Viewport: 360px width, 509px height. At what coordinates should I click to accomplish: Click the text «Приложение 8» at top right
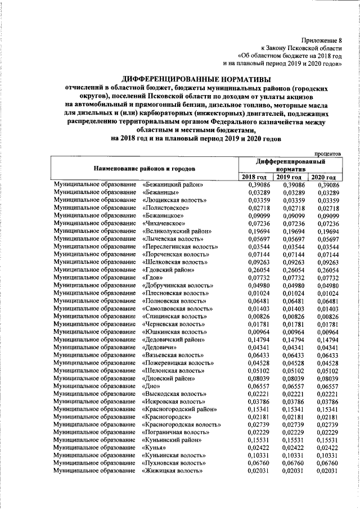(321, 39)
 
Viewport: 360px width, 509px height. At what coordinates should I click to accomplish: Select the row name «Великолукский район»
(177, 231)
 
